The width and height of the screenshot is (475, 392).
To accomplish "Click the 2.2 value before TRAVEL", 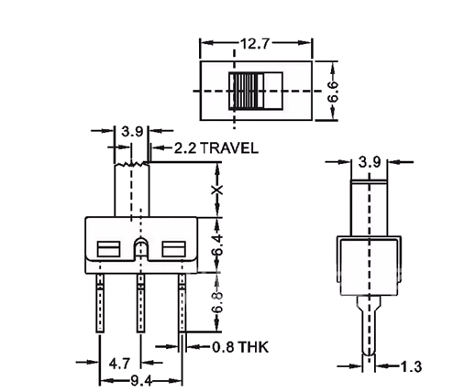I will (x=184, y=147).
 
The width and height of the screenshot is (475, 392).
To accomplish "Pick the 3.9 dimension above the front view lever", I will (x=131, y=133).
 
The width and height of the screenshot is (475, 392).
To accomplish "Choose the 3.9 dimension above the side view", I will (x=370, y=162).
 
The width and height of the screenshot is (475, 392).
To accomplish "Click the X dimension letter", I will (x=217, y=190).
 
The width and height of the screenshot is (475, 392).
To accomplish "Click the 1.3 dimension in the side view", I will (x=414, y=366).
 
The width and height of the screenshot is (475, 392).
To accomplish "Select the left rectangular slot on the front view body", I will (x=108, y=247).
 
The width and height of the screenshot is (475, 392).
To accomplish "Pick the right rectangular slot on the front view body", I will (x=173, y=247).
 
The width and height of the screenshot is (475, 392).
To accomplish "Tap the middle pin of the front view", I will (x=140, y=302).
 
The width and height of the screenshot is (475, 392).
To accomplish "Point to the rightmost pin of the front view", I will (x=182, y=302).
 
